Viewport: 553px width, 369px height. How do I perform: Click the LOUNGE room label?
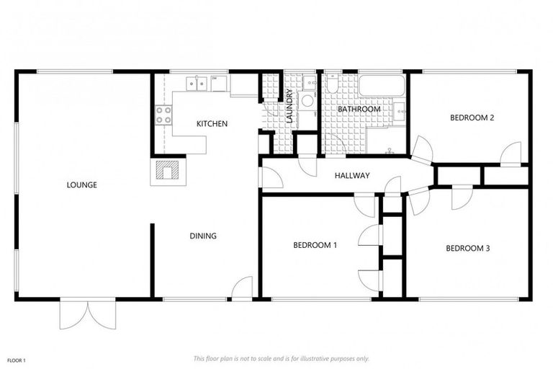[x=81, y=185]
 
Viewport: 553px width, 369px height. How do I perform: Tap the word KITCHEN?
[x=212, y=124]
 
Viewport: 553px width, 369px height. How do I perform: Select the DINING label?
[x=203, y=236]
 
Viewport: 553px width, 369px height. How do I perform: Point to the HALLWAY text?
[x=352, y=176]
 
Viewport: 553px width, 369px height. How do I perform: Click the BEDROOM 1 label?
[x=315, y=245]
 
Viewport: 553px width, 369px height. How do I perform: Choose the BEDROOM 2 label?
[x=472, y=118]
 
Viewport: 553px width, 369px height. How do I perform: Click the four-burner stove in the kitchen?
[x=163, y=114]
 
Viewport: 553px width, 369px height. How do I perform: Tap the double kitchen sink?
[x=197, y=84]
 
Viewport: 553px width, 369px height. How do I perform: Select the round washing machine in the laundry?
[x=307, y=100]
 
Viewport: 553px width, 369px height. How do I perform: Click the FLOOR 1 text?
[x=16, y=360]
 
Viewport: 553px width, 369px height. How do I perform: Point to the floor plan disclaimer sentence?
[x=281, y=358]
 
